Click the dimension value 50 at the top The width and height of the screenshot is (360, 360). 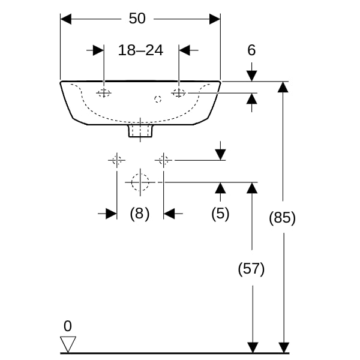137,19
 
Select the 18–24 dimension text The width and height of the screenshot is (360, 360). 140,50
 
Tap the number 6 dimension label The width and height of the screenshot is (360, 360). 251,50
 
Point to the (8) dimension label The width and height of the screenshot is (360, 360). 140,214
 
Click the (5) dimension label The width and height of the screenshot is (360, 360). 220,214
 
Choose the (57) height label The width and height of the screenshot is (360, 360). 251,269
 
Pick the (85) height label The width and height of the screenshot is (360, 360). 282,217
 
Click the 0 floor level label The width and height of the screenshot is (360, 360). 68,326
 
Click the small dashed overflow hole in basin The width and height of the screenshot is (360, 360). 158,99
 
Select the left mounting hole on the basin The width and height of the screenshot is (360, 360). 104,93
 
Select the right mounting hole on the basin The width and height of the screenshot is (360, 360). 179,93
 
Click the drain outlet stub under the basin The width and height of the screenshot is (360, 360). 140,131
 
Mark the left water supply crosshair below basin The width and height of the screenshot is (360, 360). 117,160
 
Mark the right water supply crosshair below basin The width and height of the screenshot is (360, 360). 163,160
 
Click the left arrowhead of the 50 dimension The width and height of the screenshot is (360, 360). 66,19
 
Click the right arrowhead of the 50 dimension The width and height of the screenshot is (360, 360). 215,19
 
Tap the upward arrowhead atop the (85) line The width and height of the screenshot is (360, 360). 283,87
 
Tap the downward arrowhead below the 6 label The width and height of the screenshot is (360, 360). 251,76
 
